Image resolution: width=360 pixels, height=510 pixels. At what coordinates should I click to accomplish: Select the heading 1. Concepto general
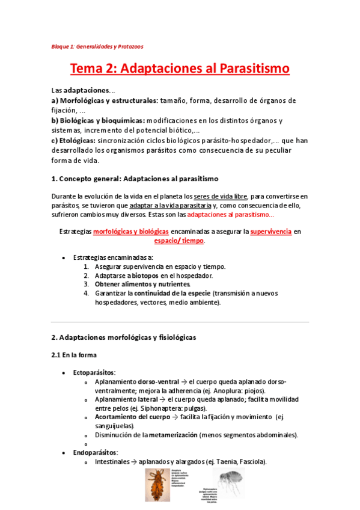135,179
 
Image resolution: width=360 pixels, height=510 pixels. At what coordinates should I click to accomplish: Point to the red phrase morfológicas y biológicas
130,231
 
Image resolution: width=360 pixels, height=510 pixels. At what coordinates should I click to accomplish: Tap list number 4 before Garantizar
87,293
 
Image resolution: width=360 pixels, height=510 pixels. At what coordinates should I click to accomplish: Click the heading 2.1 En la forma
74,355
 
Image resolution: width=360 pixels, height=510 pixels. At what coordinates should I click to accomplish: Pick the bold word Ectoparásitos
94,373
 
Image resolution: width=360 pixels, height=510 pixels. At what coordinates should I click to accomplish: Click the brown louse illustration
157,484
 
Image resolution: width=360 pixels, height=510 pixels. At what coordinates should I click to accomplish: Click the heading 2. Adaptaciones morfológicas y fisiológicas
123,337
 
